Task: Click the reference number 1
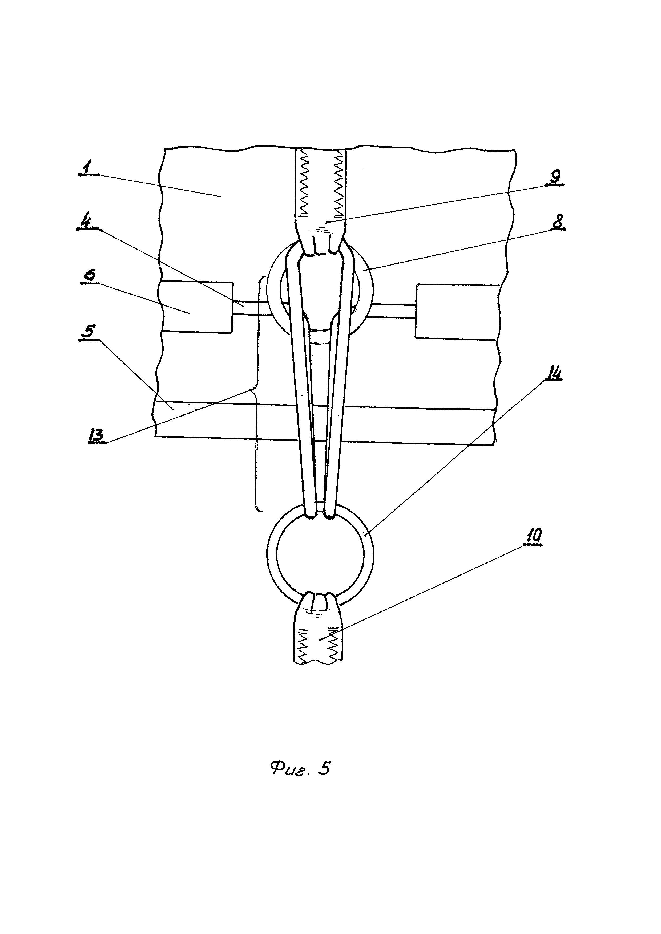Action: click(89, 167)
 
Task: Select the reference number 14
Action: click(554, 373)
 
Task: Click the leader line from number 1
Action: click(159, 186)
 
